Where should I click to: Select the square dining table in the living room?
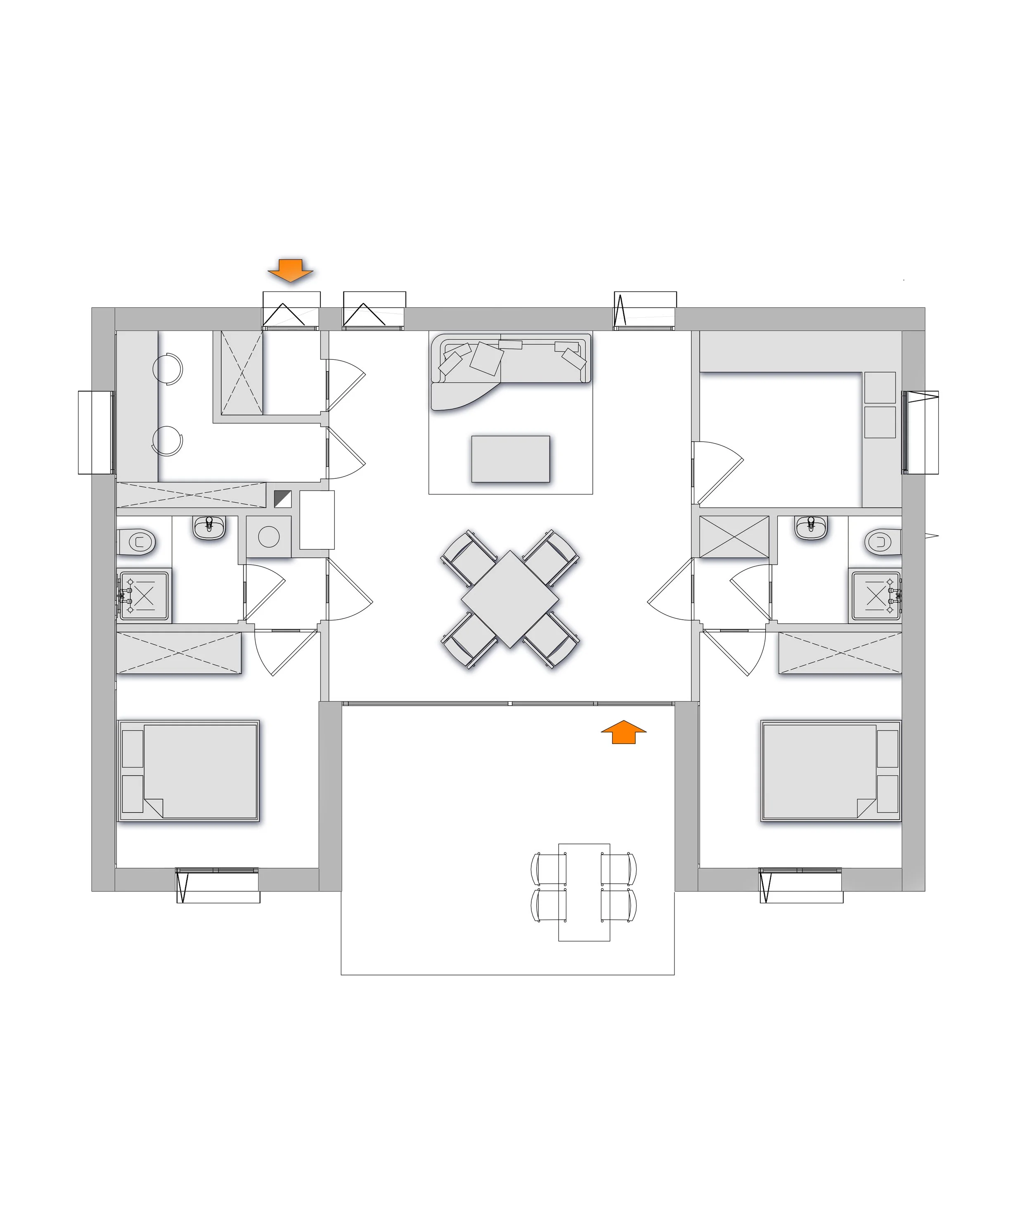[x=510, y=599]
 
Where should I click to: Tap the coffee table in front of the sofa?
[x=511, y=459]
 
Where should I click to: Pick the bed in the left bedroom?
[x=188, y=771]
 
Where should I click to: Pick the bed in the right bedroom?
[x=831, y=771]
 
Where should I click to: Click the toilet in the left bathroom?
[x=137, y=542]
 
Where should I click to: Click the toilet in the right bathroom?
[x=883, y=542]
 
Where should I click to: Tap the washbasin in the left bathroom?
[x=209, y=528]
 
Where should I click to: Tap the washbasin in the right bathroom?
[x=811, y=528]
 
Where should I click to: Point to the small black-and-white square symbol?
[x=283, y=499]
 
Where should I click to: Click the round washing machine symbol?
[x=269, y=537]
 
